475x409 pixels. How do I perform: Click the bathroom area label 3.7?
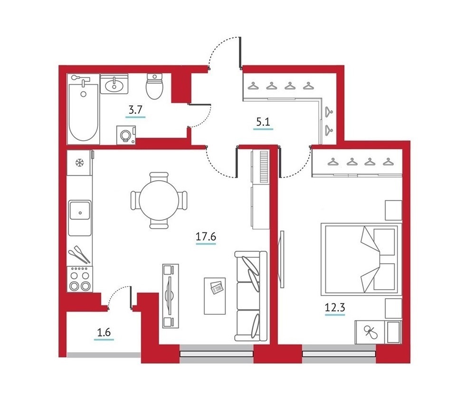coord(135,109)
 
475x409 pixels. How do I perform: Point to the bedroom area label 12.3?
coord(335,308)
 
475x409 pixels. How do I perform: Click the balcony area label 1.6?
coord(104,332)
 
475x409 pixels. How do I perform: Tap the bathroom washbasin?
coord(114,84)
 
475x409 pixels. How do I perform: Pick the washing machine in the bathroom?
coord(126,135)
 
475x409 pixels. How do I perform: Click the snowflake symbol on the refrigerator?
coord(79,163)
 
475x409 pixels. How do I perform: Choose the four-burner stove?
coord(80,279)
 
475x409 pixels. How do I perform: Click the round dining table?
coord(159,200)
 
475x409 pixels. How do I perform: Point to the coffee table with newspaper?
coord(215,296)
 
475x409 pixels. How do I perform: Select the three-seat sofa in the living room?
coord(251,296)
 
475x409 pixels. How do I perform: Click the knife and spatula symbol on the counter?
coord(80,254)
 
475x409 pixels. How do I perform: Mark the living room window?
coord(216,353)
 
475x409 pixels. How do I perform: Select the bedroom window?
coord(339,353)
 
